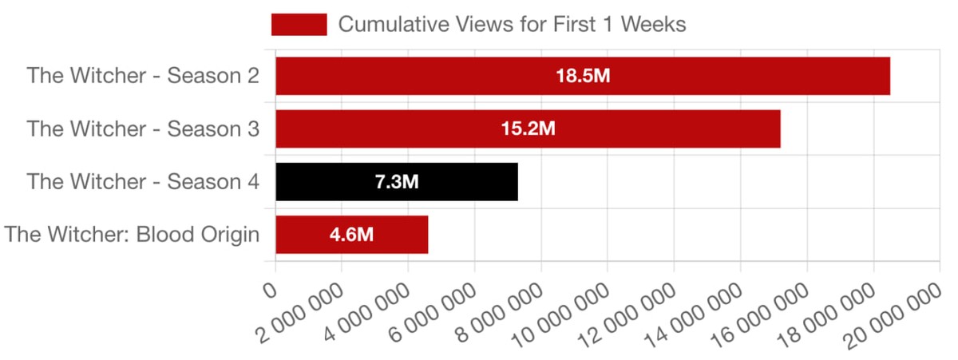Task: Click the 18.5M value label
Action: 583,77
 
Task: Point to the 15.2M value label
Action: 528,129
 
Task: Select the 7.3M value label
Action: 397,182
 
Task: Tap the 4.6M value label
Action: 352,235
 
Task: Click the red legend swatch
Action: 299,25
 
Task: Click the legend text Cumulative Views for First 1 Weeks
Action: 512,25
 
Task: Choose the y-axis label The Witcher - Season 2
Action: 143,77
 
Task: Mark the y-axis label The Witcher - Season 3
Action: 143,129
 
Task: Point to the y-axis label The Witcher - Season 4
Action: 143,182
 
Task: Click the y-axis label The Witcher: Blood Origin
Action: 132,235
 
